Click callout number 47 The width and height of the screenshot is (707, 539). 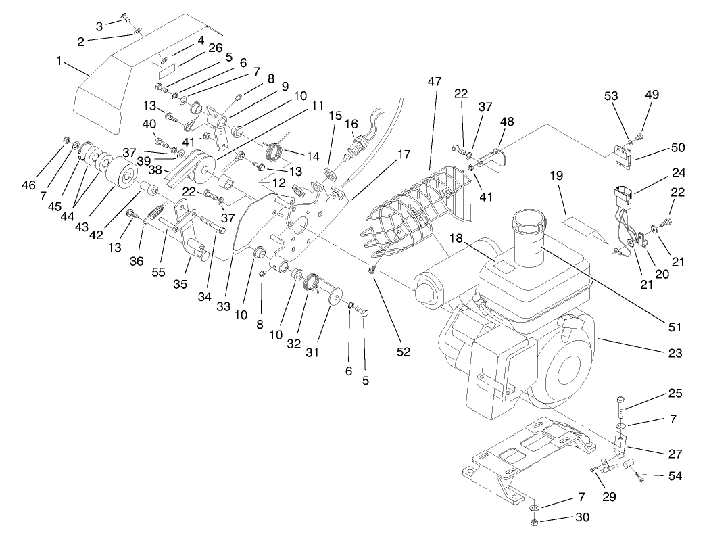433,81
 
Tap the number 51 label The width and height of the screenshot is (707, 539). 674,327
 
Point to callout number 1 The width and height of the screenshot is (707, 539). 59,60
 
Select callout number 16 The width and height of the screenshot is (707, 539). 351,124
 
